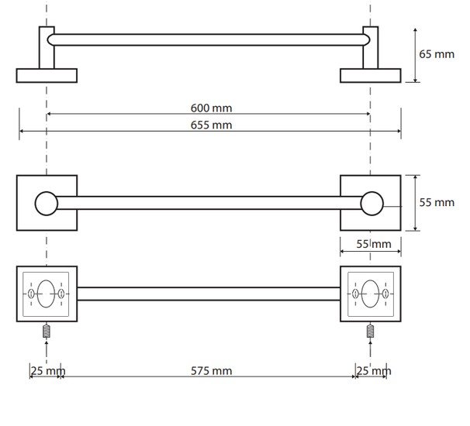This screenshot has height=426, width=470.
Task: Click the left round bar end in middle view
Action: [47, 203]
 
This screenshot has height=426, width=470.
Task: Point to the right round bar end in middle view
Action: [372, 203]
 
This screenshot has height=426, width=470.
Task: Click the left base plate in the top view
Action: [47, 75]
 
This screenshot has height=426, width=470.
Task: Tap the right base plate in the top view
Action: [371, 75]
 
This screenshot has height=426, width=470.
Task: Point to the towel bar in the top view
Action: [209, 39]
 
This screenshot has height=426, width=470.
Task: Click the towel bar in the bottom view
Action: [209, 294]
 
